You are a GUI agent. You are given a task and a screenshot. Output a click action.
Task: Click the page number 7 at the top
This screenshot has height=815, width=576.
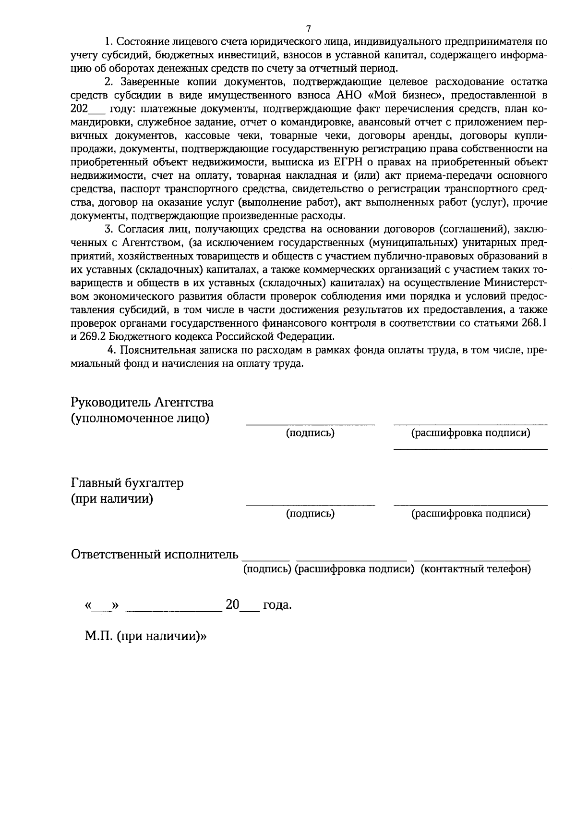(309, 28)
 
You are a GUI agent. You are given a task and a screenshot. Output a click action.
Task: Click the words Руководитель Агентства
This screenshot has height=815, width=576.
(142, 402)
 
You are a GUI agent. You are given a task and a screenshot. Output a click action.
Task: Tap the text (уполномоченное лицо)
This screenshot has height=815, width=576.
(140, 418)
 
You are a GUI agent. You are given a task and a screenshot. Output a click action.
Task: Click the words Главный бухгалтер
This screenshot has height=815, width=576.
(127, 482)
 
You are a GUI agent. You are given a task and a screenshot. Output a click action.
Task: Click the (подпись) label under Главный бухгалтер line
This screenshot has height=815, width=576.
(310, 514)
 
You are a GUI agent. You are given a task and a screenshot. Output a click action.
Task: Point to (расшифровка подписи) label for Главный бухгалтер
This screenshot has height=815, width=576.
(471, 514)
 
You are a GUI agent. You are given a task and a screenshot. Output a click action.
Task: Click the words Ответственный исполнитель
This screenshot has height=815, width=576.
(155, 555)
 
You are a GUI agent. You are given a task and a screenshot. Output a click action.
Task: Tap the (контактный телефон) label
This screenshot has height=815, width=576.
(476, 569)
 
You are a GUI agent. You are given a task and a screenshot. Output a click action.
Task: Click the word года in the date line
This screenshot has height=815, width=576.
(277, 605)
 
